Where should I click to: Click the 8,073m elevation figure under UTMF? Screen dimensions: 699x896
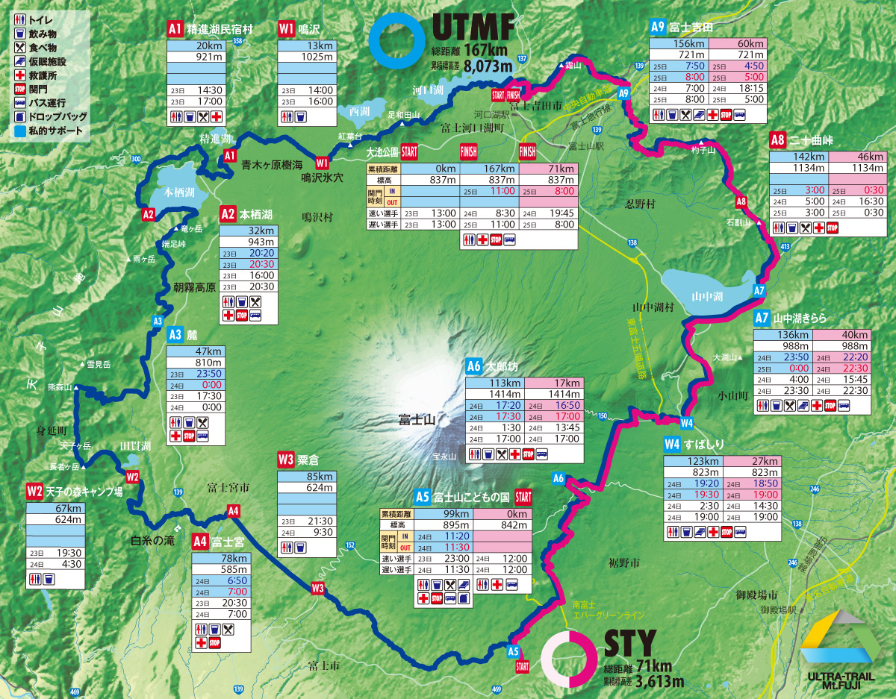[488, 66]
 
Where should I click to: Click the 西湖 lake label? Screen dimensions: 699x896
[358, 110]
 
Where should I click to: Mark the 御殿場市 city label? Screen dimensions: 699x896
[757, 595]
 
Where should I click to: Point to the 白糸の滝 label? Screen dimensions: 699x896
[152, 540]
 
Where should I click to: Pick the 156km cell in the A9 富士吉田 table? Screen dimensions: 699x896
[678, 44]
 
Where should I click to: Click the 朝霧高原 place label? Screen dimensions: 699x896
[194, 288]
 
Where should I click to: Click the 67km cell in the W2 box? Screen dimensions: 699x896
[53, 509]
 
